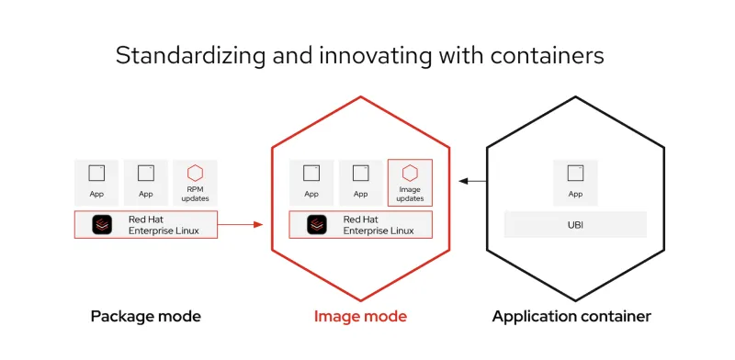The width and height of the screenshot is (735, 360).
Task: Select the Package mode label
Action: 145,317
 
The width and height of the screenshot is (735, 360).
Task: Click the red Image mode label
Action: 360,317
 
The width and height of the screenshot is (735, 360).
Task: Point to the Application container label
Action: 571,317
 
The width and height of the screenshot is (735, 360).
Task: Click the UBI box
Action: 576,225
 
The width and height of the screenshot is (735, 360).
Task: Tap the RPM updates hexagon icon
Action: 195,173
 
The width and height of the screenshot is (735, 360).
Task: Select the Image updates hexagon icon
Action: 410,173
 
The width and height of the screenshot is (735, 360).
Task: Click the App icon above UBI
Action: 576,173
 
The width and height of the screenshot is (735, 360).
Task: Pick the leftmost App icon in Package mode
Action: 96,173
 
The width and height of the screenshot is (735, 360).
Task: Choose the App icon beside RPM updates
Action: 146,173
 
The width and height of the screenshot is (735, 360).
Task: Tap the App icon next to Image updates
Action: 361,173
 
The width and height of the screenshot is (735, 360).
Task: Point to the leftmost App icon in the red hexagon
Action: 311,173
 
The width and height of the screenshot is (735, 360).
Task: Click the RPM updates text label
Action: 195,194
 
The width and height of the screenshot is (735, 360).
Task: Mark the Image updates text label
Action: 410,194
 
